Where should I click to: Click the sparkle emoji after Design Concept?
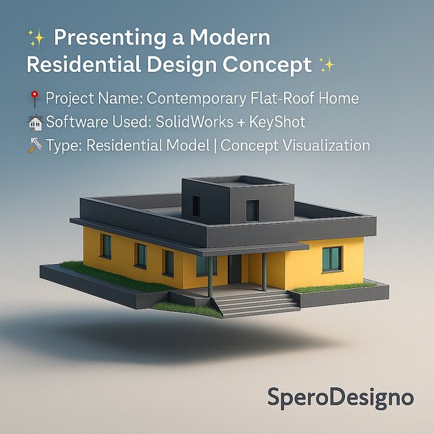click(x=326, y=66)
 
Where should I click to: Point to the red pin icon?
click(x=35, y=99)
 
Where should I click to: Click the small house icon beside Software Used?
click(x=35, y=123)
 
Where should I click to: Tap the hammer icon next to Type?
click(x=35, y=146)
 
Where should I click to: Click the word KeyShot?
click(x=278, y=123)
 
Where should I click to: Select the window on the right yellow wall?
click(x=332, y=258)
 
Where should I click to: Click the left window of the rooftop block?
click(x=195, y=205)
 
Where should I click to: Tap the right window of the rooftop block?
click(x=252, y=210)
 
